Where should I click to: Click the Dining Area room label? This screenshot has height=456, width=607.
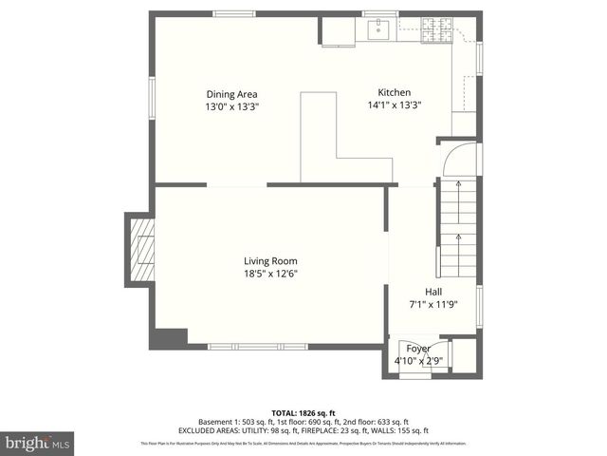[231, 94]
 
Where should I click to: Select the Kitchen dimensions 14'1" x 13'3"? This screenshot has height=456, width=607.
[394, 105]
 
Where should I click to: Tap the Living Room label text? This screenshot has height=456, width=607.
[270, 261]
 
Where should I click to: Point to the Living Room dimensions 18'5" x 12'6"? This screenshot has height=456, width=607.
[270, 275]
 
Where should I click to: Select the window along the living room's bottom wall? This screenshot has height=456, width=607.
[245, 346]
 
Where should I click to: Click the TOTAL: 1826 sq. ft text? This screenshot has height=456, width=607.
[303, 412]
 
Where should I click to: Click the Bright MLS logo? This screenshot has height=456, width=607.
[38, 443]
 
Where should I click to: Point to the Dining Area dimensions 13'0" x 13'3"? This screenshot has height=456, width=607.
[231, 107]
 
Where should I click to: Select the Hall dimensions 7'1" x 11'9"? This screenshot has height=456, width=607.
[432, 305]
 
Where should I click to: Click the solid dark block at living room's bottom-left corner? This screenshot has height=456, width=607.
[170, 337]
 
